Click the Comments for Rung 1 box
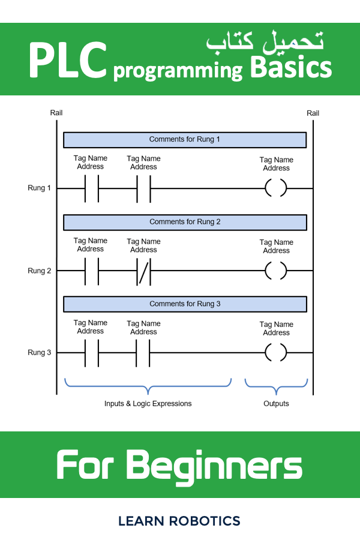185,139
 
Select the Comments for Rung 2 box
185,222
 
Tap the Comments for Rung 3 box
185,304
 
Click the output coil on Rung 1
276,188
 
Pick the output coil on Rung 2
276,271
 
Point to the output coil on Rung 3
276,353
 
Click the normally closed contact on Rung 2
144,271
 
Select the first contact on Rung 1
91,188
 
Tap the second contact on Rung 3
144,353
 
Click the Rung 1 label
40,188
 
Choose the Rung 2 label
40,271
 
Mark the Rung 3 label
40,353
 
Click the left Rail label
56,113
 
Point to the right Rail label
313,113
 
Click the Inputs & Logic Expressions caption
148,404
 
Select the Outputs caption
276,404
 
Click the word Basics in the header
291,67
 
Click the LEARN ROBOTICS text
179,521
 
